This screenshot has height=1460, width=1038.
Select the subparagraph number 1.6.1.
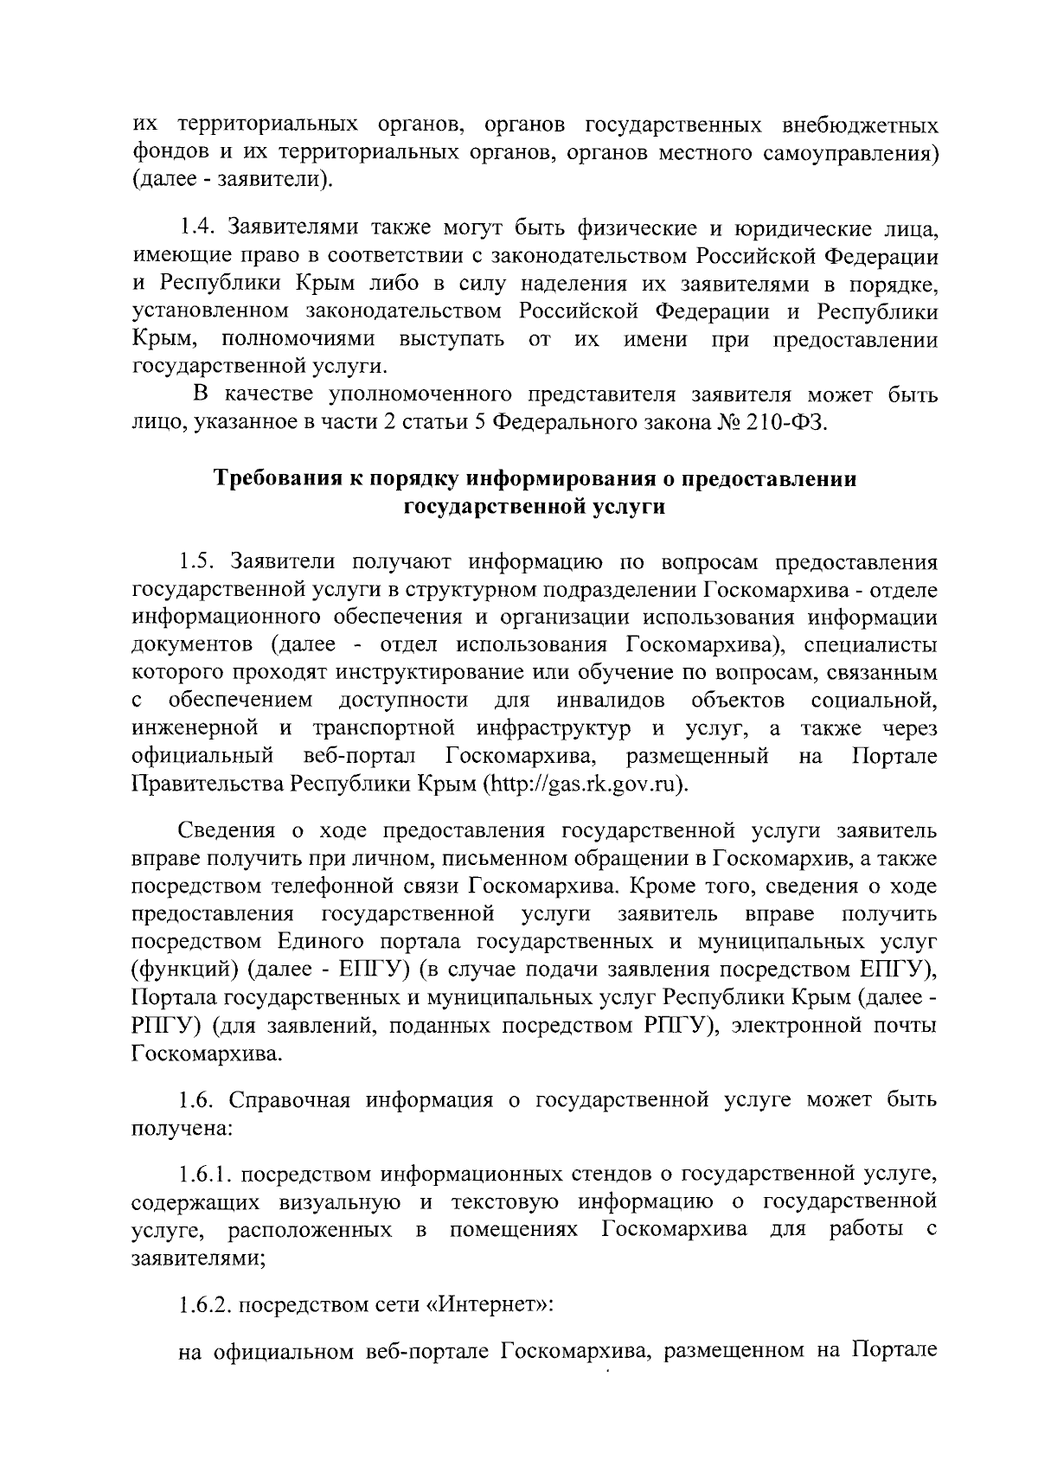205,1175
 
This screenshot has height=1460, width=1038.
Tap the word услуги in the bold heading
629,507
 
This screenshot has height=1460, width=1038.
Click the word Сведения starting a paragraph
227,831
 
